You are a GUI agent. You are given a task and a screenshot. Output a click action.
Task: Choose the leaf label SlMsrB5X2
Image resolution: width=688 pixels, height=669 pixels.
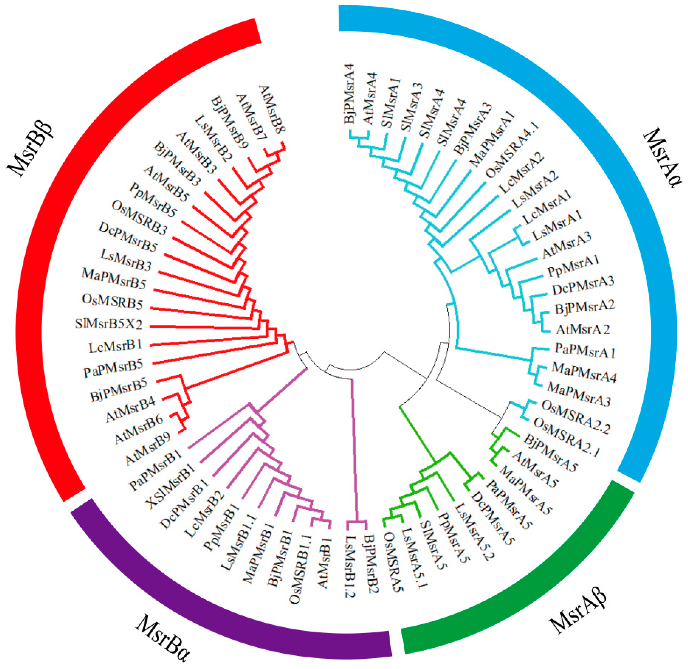[x=109, y=324]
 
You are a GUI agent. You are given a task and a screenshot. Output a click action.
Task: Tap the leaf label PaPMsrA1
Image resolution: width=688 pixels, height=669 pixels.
[x=585, y=351]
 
